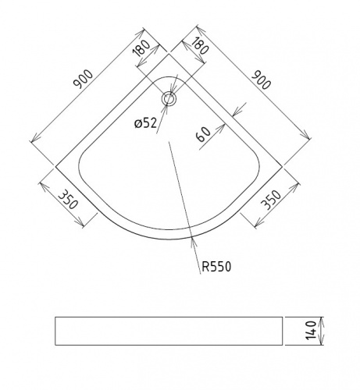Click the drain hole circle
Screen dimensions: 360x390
click(x=169, y=94)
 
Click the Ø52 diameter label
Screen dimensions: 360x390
click(x=146, y=123)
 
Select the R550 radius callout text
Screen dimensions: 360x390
click(x=216, y=267)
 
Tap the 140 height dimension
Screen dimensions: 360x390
click(x=311, y=331)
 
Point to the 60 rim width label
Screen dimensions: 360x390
click(x=204, y=134)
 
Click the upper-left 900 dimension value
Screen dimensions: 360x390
click(x=83, y=79)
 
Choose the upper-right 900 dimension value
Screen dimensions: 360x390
click(x=261, y=80)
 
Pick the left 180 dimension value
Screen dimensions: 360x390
click(x=141, y=48)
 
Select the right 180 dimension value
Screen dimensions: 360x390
click(x=200, y=46)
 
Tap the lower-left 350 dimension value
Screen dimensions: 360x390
click(x=68, y=200)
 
